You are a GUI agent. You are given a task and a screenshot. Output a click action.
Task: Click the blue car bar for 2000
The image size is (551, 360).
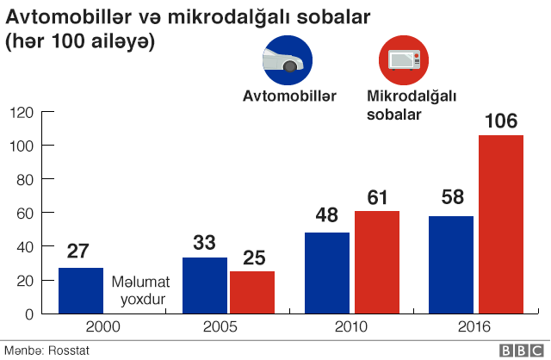pos(81,290)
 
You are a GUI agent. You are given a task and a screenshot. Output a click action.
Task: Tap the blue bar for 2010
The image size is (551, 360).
pos(327,273)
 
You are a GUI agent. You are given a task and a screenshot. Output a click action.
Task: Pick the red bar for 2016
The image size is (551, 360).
pos(500,224)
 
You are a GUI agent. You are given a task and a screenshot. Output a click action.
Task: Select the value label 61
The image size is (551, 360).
pos(377,196)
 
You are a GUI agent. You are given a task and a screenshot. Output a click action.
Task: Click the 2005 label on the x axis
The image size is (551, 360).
pos(220,327)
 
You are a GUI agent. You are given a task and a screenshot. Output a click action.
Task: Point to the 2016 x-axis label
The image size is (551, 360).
pos(473,327)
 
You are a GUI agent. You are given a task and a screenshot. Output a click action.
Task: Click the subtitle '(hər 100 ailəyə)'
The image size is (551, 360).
pos(80,41)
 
